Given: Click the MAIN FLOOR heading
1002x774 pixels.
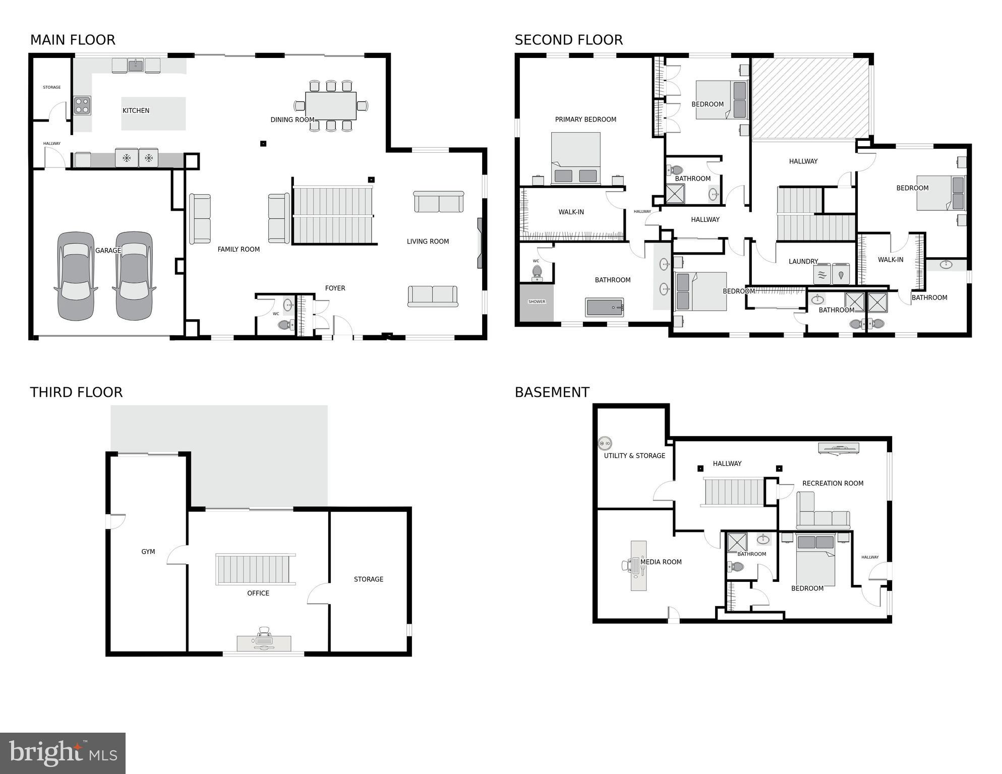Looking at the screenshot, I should pyautogui.click(x=73, y=40).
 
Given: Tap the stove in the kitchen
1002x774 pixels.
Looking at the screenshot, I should pyautogui.click(x=82, y=106).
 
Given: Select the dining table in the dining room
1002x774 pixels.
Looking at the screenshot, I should pyautogui.click(x=331, y=105).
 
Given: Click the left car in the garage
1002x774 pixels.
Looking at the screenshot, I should pyautogui.click(x=76, y=276).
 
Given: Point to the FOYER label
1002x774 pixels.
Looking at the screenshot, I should pyautogui.click(x=335, y=288).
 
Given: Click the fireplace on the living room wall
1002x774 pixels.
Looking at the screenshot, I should pyautogui.click(x=481, y=243).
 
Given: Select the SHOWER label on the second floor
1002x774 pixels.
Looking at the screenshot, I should pyautogui.click(x=537, y=302).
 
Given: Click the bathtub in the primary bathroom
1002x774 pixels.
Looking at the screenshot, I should pyautogui.click(x=604, y=308).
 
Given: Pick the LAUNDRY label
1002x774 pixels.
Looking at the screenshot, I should pyautogui.click(x=803, y=262).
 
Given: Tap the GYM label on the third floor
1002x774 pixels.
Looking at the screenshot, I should pyautogui.click(x=148, y=552).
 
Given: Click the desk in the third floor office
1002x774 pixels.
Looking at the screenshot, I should pyautogui.click(x=264, y=643).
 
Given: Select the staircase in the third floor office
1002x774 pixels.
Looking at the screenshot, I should pyautogui.click(x=256, y=569).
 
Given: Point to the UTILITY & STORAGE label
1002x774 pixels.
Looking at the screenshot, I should pyautogui.click(x=634, y=456).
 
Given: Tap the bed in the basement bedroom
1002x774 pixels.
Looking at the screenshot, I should pyautogui.click(x=815, y=560).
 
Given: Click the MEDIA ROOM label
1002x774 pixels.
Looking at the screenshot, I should pyautogui.click(x=661, y=562).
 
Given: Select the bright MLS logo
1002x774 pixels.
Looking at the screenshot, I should pyautogui.click(x=63, y=753).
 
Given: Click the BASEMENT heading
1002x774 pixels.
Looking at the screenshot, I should pyautogui.click(x=552, y=392).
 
